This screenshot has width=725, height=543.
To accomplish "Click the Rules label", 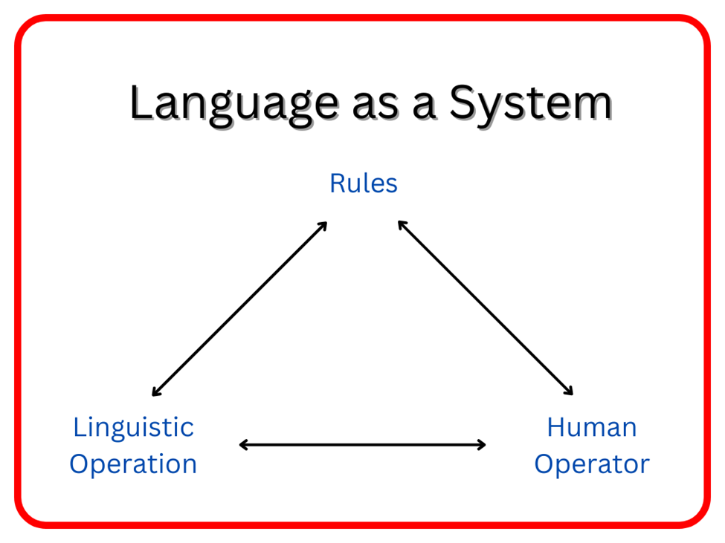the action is [x=364, y=183].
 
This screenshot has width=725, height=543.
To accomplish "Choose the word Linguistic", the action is [x=133, y=427].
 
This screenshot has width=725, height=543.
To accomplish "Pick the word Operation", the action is [x=133, y=464].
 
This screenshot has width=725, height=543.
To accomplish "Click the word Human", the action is [x=592, y=427].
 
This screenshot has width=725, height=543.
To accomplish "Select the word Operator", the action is [x=592, y=464].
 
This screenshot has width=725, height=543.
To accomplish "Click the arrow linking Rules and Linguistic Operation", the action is [x=239, y=308].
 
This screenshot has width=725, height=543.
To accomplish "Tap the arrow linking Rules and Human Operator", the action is [x=486, y=308].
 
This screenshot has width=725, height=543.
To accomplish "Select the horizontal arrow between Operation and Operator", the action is [x=362, y=445].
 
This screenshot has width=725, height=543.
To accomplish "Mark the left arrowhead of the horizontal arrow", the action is [x=243, y=445].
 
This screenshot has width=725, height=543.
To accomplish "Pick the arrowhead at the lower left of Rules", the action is [x=324, y=224].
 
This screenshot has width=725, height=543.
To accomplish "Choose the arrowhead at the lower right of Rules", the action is [x=401, y=224].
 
